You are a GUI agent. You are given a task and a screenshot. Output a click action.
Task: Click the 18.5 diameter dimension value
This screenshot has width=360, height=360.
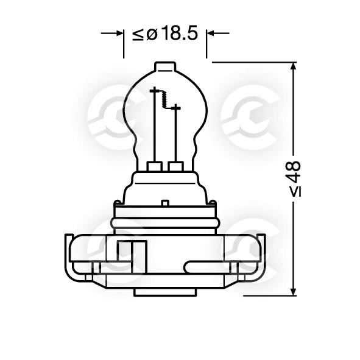(180, 34)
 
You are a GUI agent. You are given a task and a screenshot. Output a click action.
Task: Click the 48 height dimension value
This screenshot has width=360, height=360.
(294, 169)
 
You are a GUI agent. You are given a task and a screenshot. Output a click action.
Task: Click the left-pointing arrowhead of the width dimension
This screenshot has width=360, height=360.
(210, 34)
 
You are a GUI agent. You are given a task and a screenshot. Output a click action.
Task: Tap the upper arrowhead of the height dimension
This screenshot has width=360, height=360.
(293, 66)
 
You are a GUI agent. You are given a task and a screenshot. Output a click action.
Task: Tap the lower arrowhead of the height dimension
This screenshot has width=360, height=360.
(293, 292)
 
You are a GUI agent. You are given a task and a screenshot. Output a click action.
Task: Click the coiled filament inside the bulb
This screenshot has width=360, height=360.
(165, 99)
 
